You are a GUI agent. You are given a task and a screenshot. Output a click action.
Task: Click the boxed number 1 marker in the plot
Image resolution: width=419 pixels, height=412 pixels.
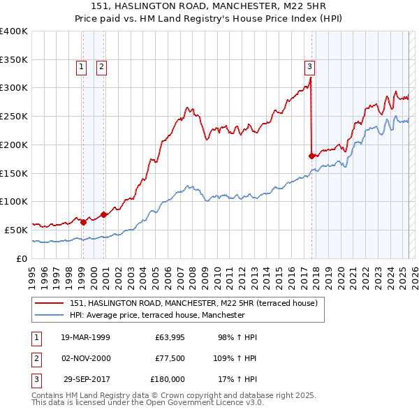point(82,67)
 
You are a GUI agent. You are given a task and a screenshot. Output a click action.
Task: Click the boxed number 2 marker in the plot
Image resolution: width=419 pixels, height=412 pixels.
point(101,67)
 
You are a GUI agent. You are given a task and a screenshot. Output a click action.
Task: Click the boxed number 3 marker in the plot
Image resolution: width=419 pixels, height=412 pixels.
point(309,67)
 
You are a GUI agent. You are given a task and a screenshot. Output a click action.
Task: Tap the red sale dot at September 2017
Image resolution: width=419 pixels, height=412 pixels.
point(311,156)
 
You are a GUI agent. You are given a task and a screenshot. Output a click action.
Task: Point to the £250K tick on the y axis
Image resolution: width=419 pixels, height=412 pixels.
point(14,117)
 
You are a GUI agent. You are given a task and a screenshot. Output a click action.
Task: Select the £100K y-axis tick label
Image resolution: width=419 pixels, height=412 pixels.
point(14,202)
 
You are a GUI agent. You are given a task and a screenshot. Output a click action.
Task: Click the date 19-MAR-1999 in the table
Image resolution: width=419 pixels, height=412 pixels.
point(85,337)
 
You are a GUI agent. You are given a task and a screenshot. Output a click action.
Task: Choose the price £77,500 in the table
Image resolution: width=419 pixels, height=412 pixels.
point(168,358)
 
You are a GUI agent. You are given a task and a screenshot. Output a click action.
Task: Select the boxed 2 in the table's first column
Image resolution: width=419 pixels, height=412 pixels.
point(36,358)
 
